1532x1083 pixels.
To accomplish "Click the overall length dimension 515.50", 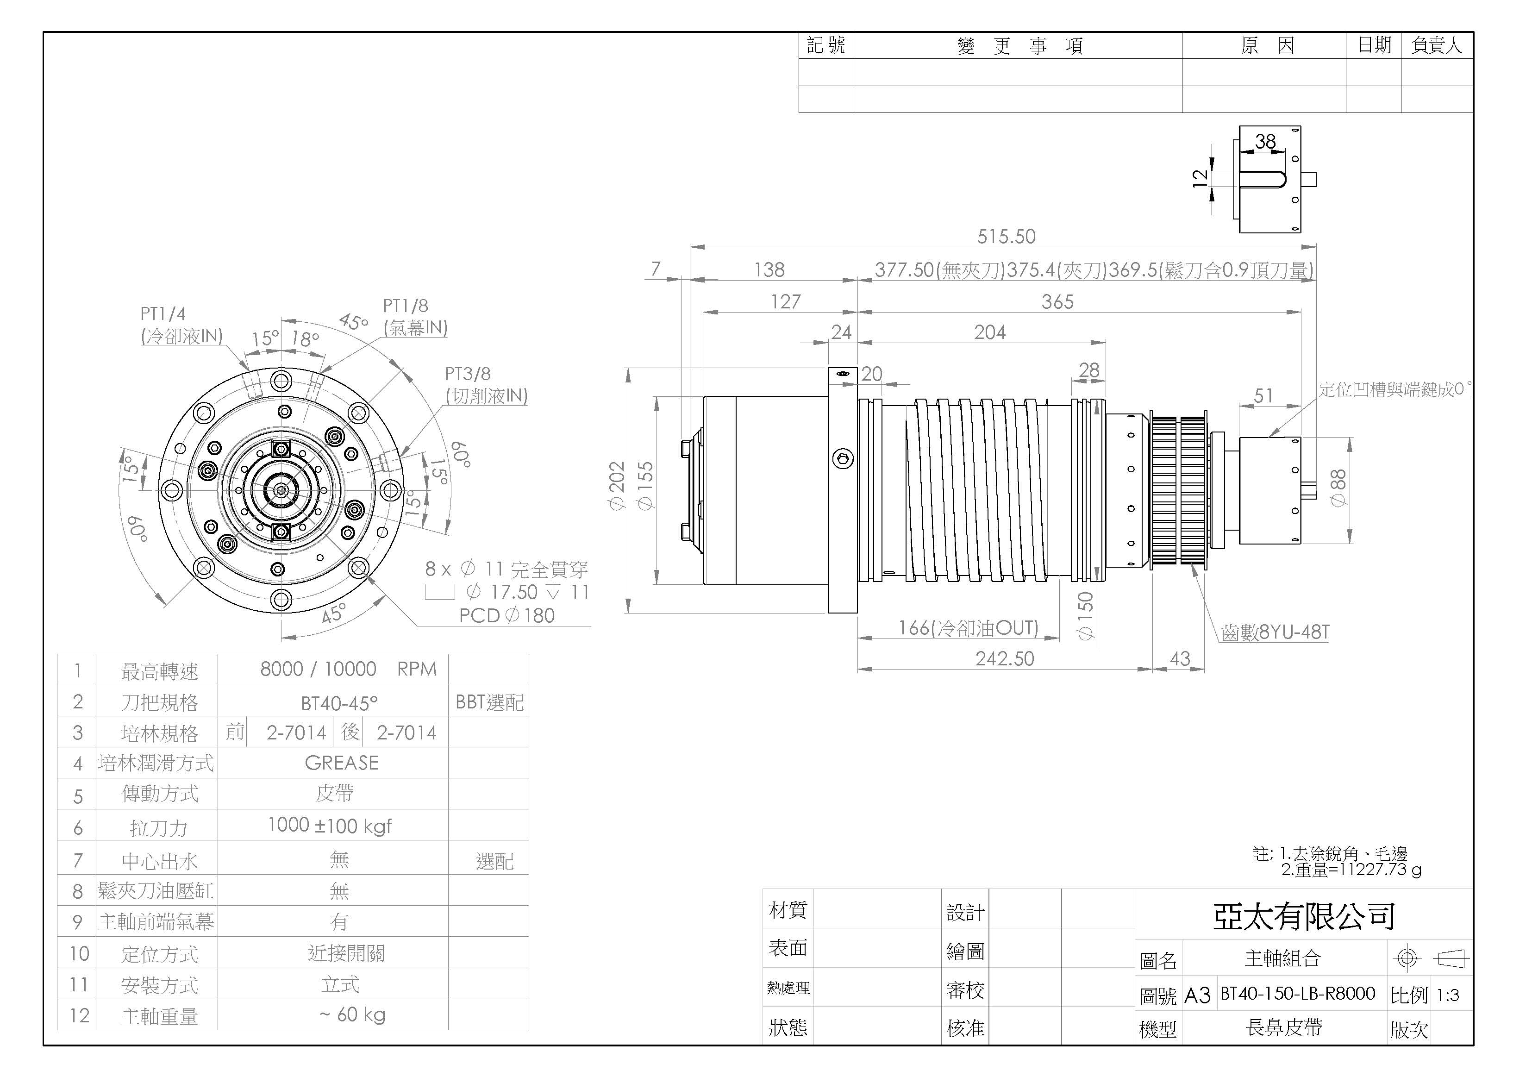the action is click(1006, 236).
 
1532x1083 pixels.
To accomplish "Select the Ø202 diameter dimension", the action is click(617, 486).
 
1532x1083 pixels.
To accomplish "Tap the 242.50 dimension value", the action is click(1004, 658).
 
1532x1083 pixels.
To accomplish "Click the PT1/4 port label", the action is click(163, 313).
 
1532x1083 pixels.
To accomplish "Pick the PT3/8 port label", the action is click(468, 374).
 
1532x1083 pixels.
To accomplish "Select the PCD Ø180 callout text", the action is click(507, 615).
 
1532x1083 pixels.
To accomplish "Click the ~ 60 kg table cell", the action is click(352, 1015).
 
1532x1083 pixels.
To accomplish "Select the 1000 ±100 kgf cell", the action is click(330, 826).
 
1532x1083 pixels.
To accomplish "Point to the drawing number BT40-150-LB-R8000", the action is click(1298, 994).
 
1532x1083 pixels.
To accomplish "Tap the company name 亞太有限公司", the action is click(1304, 917).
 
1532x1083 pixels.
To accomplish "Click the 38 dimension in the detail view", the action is click(1265, 142).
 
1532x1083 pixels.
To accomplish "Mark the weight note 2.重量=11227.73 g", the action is click(1351, 870).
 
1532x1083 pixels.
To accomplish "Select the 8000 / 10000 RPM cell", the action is click(348, 669).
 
